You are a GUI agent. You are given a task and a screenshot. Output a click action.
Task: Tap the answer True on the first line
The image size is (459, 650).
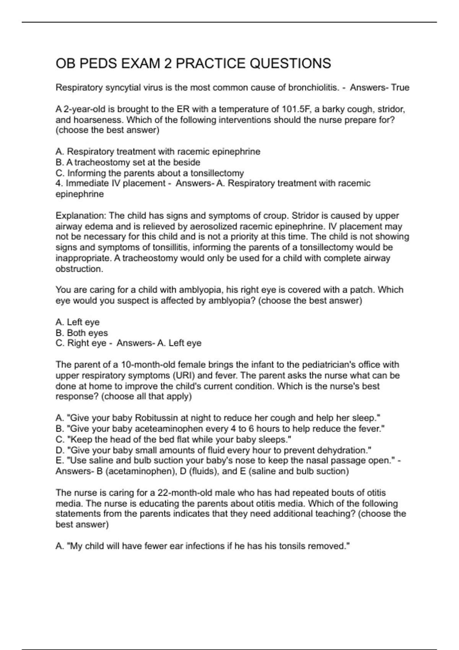400,88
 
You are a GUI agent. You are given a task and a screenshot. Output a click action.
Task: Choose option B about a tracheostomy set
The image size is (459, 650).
128,162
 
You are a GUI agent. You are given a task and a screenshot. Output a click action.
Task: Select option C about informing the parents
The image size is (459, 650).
150,173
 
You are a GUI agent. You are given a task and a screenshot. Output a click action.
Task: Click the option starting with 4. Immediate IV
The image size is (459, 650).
110,184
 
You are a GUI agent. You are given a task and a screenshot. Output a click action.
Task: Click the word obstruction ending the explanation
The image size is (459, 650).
79,269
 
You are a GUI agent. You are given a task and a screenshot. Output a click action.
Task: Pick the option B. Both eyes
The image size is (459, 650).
81,333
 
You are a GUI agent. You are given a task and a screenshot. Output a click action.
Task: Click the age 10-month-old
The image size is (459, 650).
151,364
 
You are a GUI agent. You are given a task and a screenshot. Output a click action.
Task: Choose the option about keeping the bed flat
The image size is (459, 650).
173,439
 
